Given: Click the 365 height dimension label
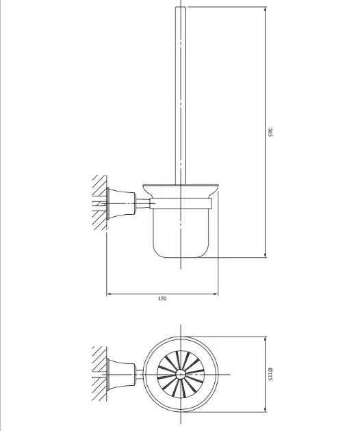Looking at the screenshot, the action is click(270, 132).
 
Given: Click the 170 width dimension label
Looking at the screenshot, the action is click(162, 298).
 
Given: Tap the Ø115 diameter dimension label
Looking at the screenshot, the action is click(270, 374).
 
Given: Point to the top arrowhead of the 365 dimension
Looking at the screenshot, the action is click(266, 10).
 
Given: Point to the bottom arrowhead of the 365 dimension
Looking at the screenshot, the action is click(266, 254).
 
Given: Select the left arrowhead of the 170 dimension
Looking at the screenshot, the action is click(110, 294).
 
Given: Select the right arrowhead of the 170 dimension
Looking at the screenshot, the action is click(215, 294).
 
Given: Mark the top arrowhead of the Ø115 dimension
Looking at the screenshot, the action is click(266, 339).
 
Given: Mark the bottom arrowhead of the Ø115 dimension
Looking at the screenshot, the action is click(266, 409).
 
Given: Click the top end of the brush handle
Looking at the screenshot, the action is click(181, 7).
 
